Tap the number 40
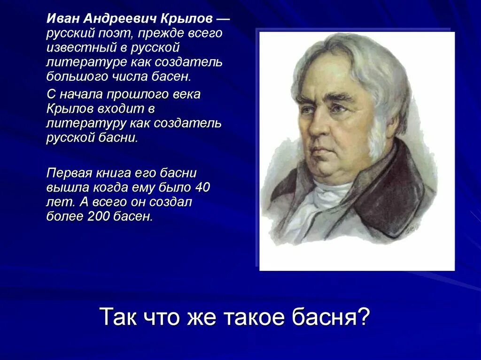pos(202,187)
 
